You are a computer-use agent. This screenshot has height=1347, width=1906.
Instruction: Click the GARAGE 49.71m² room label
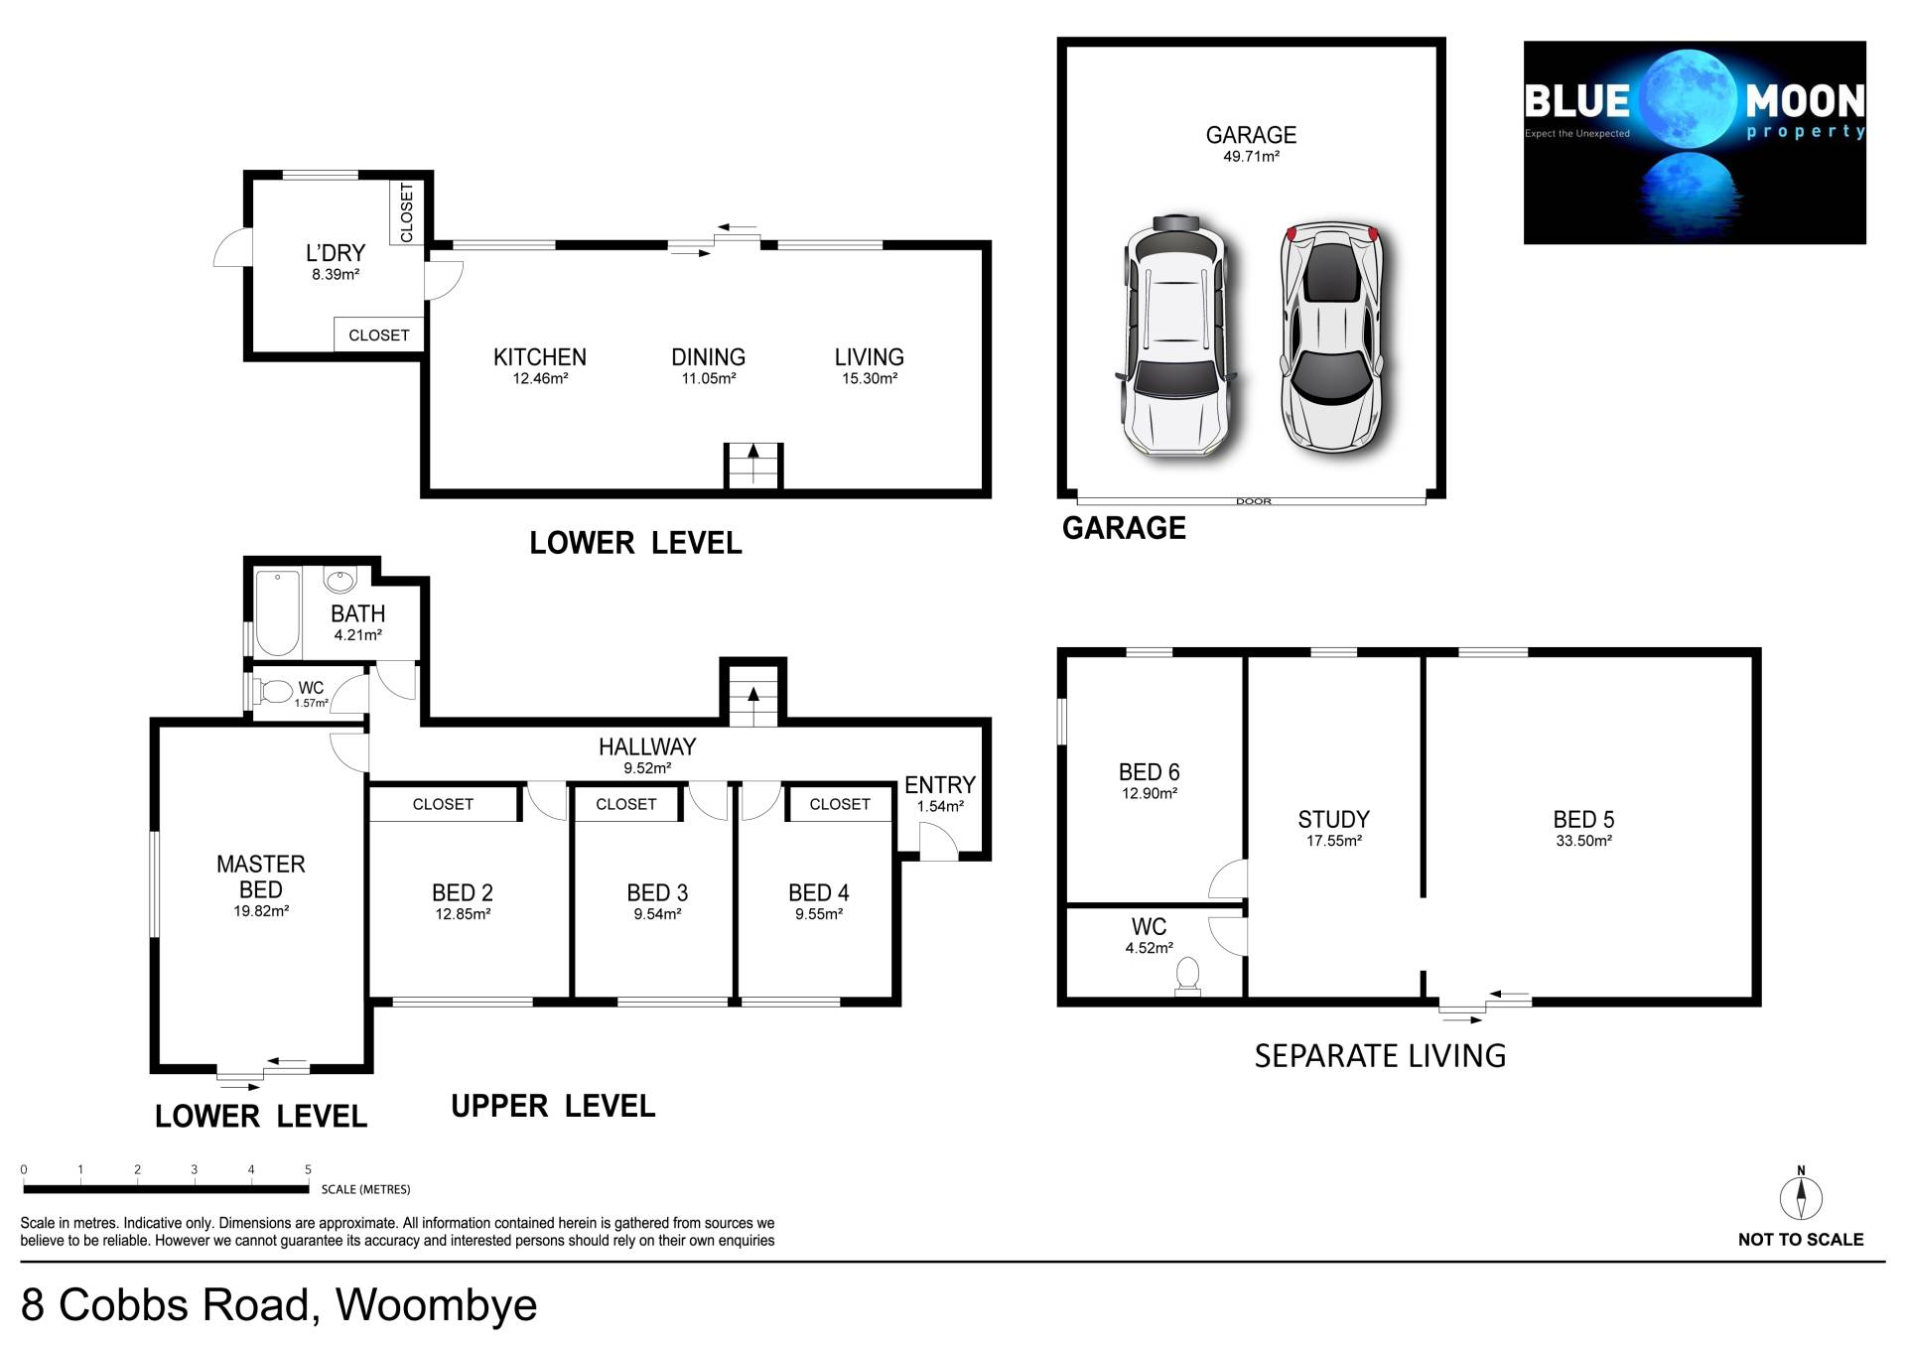point(1251,143)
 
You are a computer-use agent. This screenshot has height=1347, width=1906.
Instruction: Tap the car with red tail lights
point(1330,337)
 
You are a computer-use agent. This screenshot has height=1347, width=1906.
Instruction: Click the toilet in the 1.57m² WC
point(274,690)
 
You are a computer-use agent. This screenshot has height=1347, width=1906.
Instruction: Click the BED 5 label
point(1583,820)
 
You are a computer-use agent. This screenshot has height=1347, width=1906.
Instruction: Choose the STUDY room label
point(1333,820)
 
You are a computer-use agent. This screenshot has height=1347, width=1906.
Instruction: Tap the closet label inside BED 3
point(625,804)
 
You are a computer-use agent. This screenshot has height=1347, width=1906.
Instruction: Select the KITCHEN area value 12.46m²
point(540,379)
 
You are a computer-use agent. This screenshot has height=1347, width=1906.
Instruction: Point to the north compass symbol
point(1801,1196)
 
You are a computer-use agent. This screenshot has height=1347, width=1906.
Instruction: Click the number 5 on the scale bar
point(309,1169)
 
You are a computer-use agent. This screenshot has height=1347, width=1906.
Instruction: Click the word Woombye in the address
point(437,1304)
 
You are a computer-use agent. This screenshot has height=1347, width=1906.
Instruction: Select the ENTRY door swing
point(939,842)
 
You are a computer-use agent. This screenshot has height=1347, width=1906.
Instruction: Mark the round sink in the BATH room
point(340,580)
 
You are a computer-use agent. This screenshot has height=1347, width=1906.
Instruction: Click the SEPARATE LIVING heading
point(1380,1055)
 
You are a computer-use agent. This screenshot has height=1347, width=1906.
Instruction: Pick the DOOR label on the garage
point(1254,501)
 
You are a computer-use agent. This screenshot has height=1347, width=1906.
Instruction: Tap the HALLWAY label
point(647,746)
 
